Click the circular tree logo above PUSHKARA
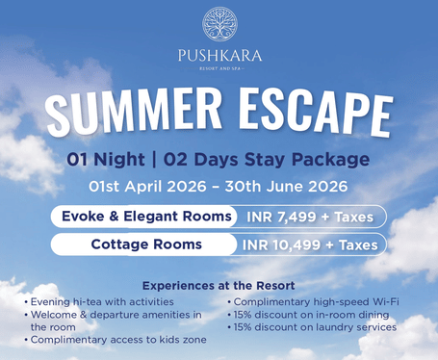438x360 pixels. coord(219,23)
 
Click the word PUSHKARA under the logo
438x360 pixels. coord(219,54)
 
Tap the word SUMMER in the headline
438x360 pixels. coord(135,113)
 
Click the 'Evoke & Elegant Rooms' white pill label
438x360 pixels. coord(146,217)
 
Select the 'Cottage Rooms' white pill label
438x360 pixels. coord(146,244)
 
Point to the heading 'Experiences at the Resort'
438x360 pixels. coord(218,286)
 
